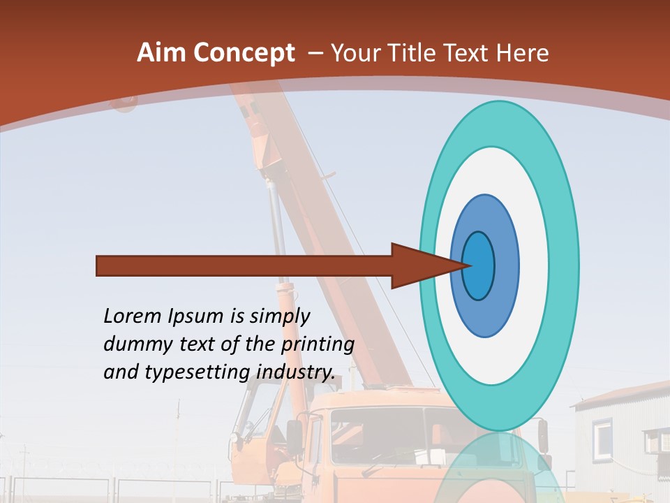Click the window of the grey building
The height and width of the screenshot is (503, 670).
coord(602,437)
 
